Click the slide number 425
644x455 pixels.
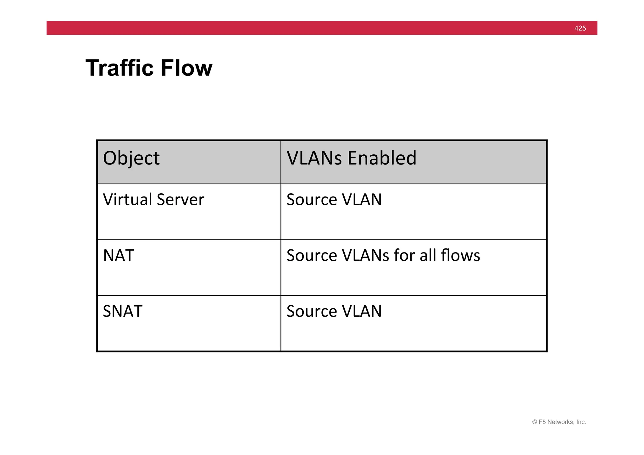click(x=580, y=28)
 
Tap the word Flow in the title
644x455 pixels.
click(x=186, y=68)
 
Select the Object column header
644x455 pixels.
click(x=131, y=158)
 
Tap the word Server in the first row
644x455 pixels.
click(x=180, y=199)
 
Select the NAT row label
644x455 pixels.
click(x=118, y=255)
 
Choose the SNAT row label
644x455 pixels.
click(x=123, y=311)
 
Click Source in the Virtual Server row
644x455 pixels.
click(x=312, y=200)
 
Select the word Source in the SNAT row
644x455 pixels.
click(x=312, y=311)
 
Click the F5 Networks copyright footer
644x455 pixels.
click(x=559, y=422)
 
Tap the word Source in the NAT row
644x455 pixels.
click(x=312, y=255)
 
